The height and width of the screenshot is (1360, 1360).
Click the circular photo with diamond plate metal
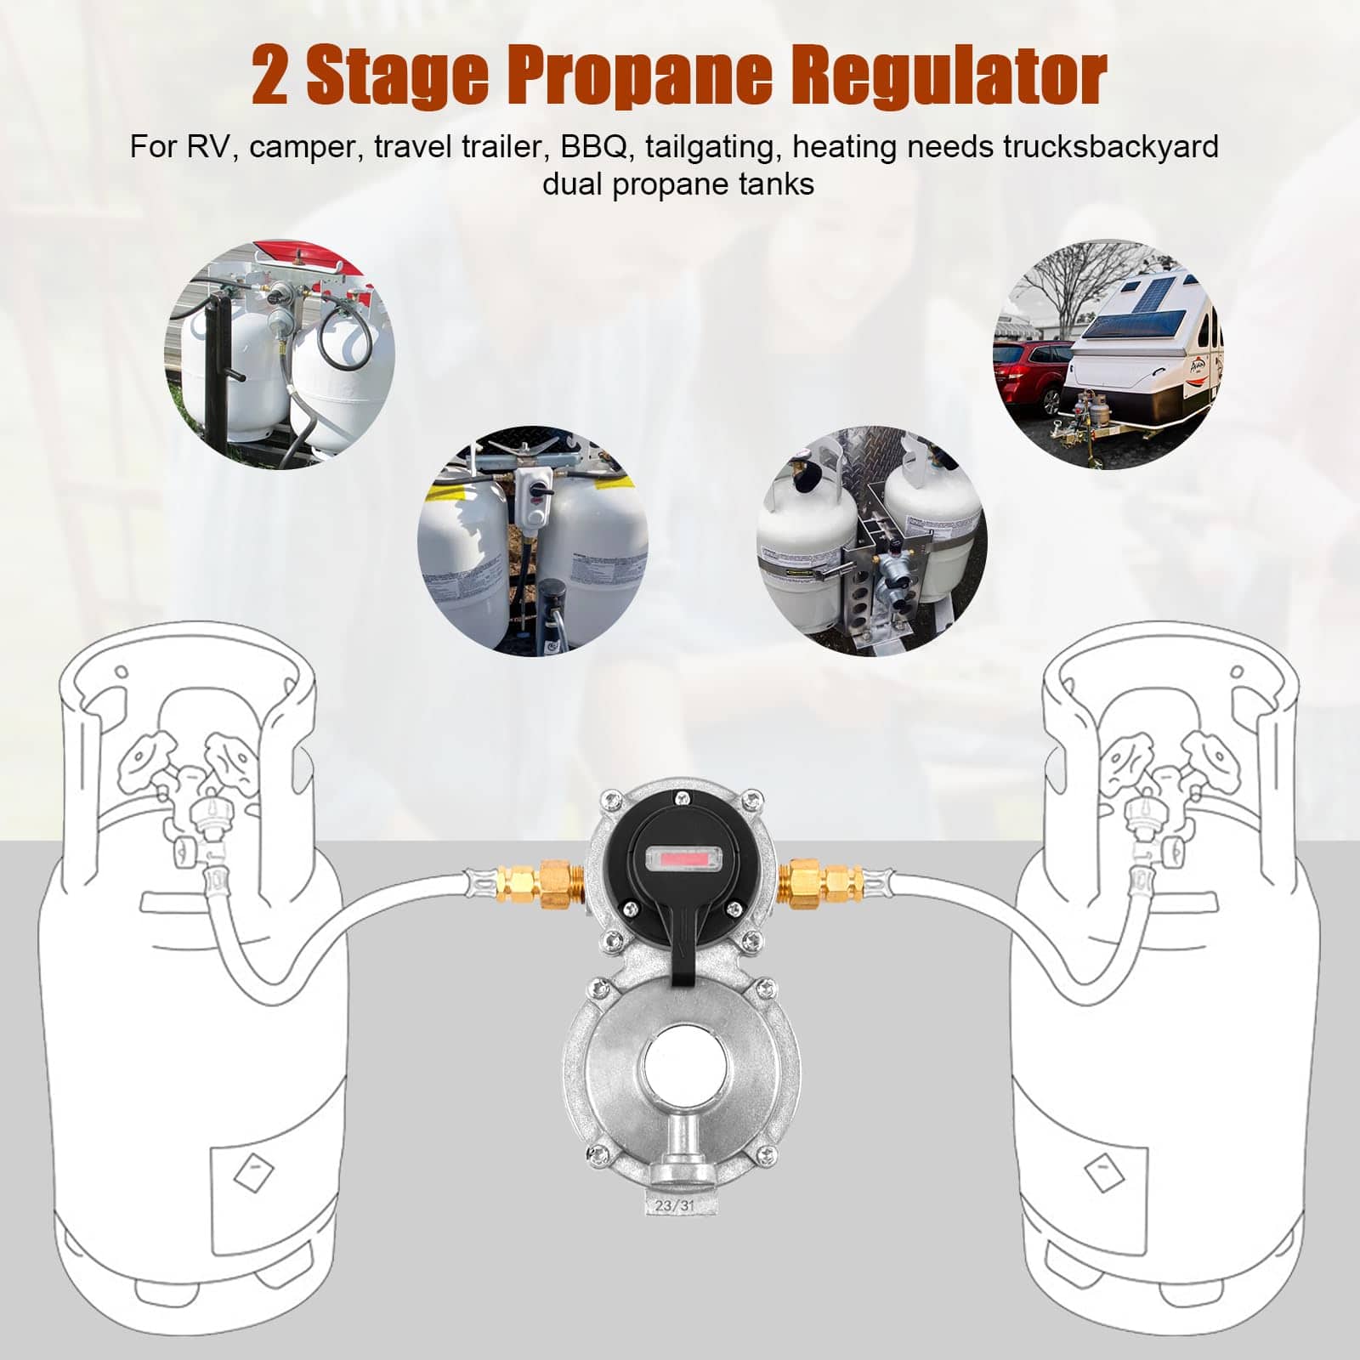[x=870, y=541]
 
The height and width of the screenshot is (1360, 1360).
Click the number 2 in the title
[x=270, y=76]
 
